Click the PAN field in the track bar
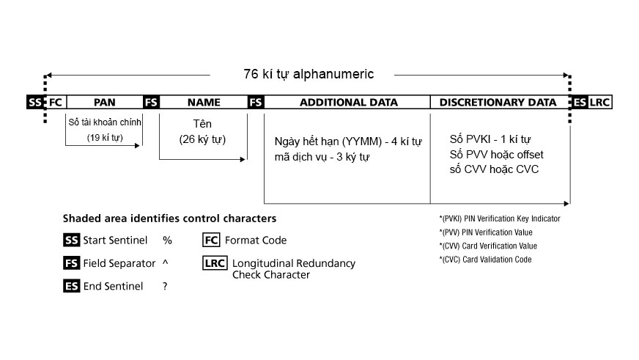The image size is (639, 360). click(105, 102)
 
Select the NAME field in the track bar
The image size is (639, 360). click(204, 102)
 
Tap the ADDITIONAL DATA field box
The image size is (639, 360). click(347, 102)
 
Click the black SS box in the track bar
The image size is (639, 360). click(35, 102)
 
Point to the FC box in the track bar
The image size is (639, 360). click(56, 102)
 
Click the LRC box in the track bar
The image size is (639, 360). click(599, 102)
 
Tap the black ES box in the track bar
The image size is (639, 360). click(579, 102)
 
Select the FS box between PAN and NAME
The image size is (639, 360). click(151, 102)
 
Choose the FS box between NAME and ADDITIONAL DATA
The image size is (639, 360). click(256, 102)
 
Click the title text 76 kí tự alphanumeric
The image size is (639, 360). click(309, 74)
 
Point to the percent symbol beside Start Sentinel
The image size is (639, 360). click(167, 240)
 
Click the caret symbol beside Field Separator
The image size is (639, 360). click(165, 262)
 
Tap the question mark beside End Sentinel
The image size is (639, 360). click(165, 286)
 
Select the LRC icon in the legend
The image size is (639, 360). click(215, 263)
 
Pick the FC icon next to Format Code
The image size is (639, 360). click(211, 240)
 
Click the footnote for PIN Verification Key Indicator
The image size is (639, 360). click(500, 218)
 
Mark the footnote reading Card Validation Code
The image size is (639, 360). click(485, 260)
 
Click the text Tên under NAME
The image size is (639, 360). click(202, 123)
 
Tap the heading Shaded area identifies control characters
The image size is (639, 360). click(169, 218)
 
